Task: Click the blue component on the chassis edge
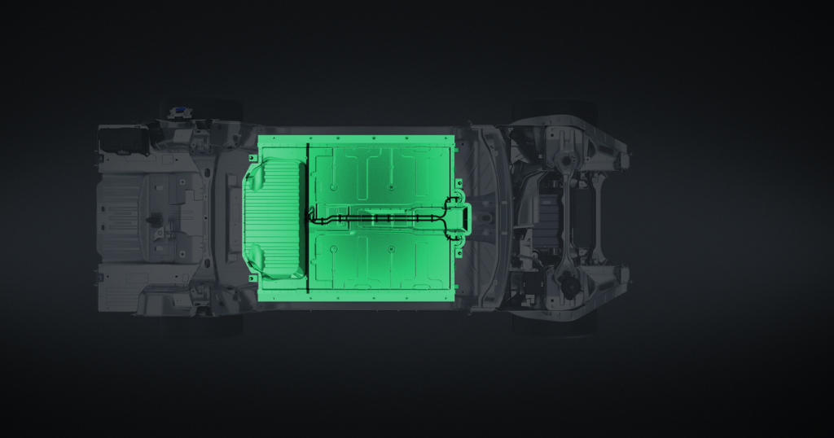pyautogui.click(x=174, y=112)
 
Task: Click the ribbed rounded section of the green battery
pyautogui.click(x=274, y=218)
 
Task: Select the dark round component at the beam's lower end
pyautogui.click(x=570, y=285)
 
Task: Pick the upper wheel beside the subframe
pyautogui.click(x=554, y=110)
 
